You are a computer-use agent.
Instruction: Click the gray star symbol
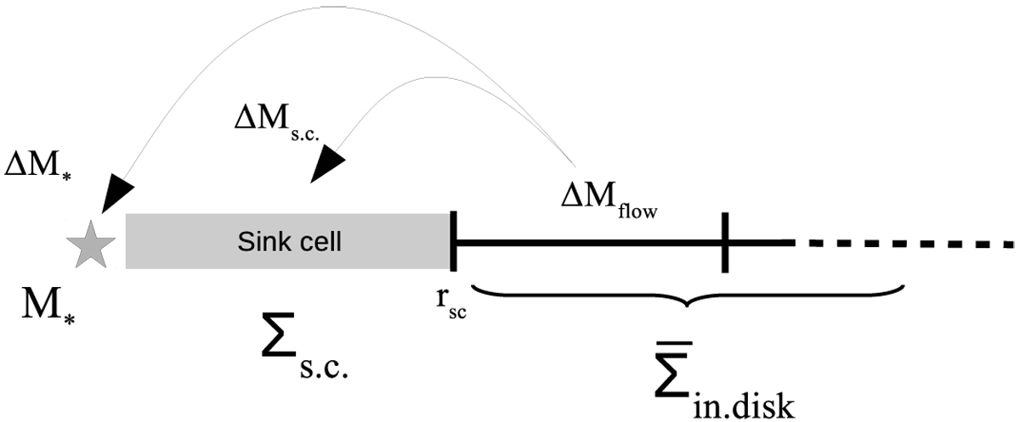[x=90, y=245]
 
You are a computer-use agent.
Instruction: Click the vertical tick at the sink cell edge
[x=454, y=242]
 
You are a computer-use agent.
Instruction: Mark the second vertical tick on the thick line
[x=725, y=243]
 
